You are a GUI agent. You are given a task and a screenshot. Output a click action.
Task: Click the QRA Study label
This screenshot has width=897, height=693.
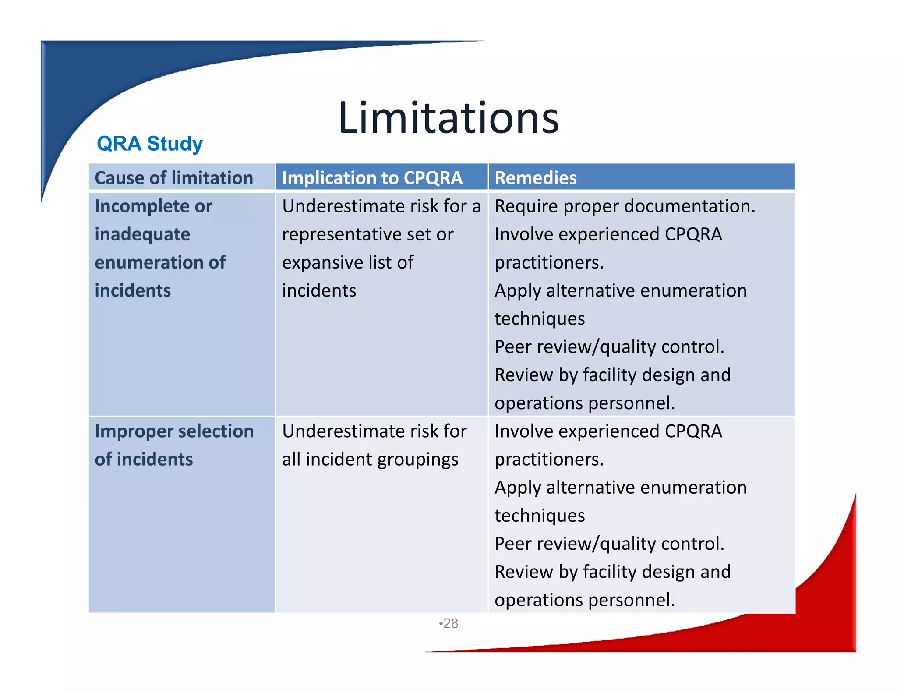click(x=150, y=144)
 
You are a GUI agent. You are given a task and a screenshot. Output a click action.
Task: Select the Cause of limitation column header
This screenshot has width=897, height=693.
click(x=174, y=178)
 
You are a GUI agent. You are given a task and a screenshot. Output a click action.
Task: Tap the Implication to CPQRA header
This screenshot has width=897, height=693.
click(x=372, y=178)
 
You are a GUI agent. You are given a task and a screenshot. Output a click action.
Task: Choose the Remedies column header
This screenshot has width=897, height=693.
click(x=535, y=178)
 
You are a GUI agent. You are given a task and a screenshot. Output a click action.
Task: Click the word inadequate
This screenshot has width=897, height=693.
click(x=142, y=234)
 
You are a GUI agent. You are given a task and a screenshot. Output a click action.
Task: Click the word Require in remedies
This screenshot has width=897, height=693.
click(x=526, y=206)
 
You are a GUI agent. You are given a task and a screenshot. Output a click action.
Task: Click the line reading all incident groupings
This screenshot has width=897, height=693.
click(x=370, y=460)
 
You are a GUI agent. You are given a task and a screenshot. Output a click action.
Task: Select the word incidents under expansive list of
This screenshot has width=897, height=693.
click(x=319, y=290)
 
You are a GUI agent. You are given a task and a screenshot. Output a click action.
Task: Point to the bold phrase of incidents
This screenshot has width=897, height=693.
click(x=144, y=460)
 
